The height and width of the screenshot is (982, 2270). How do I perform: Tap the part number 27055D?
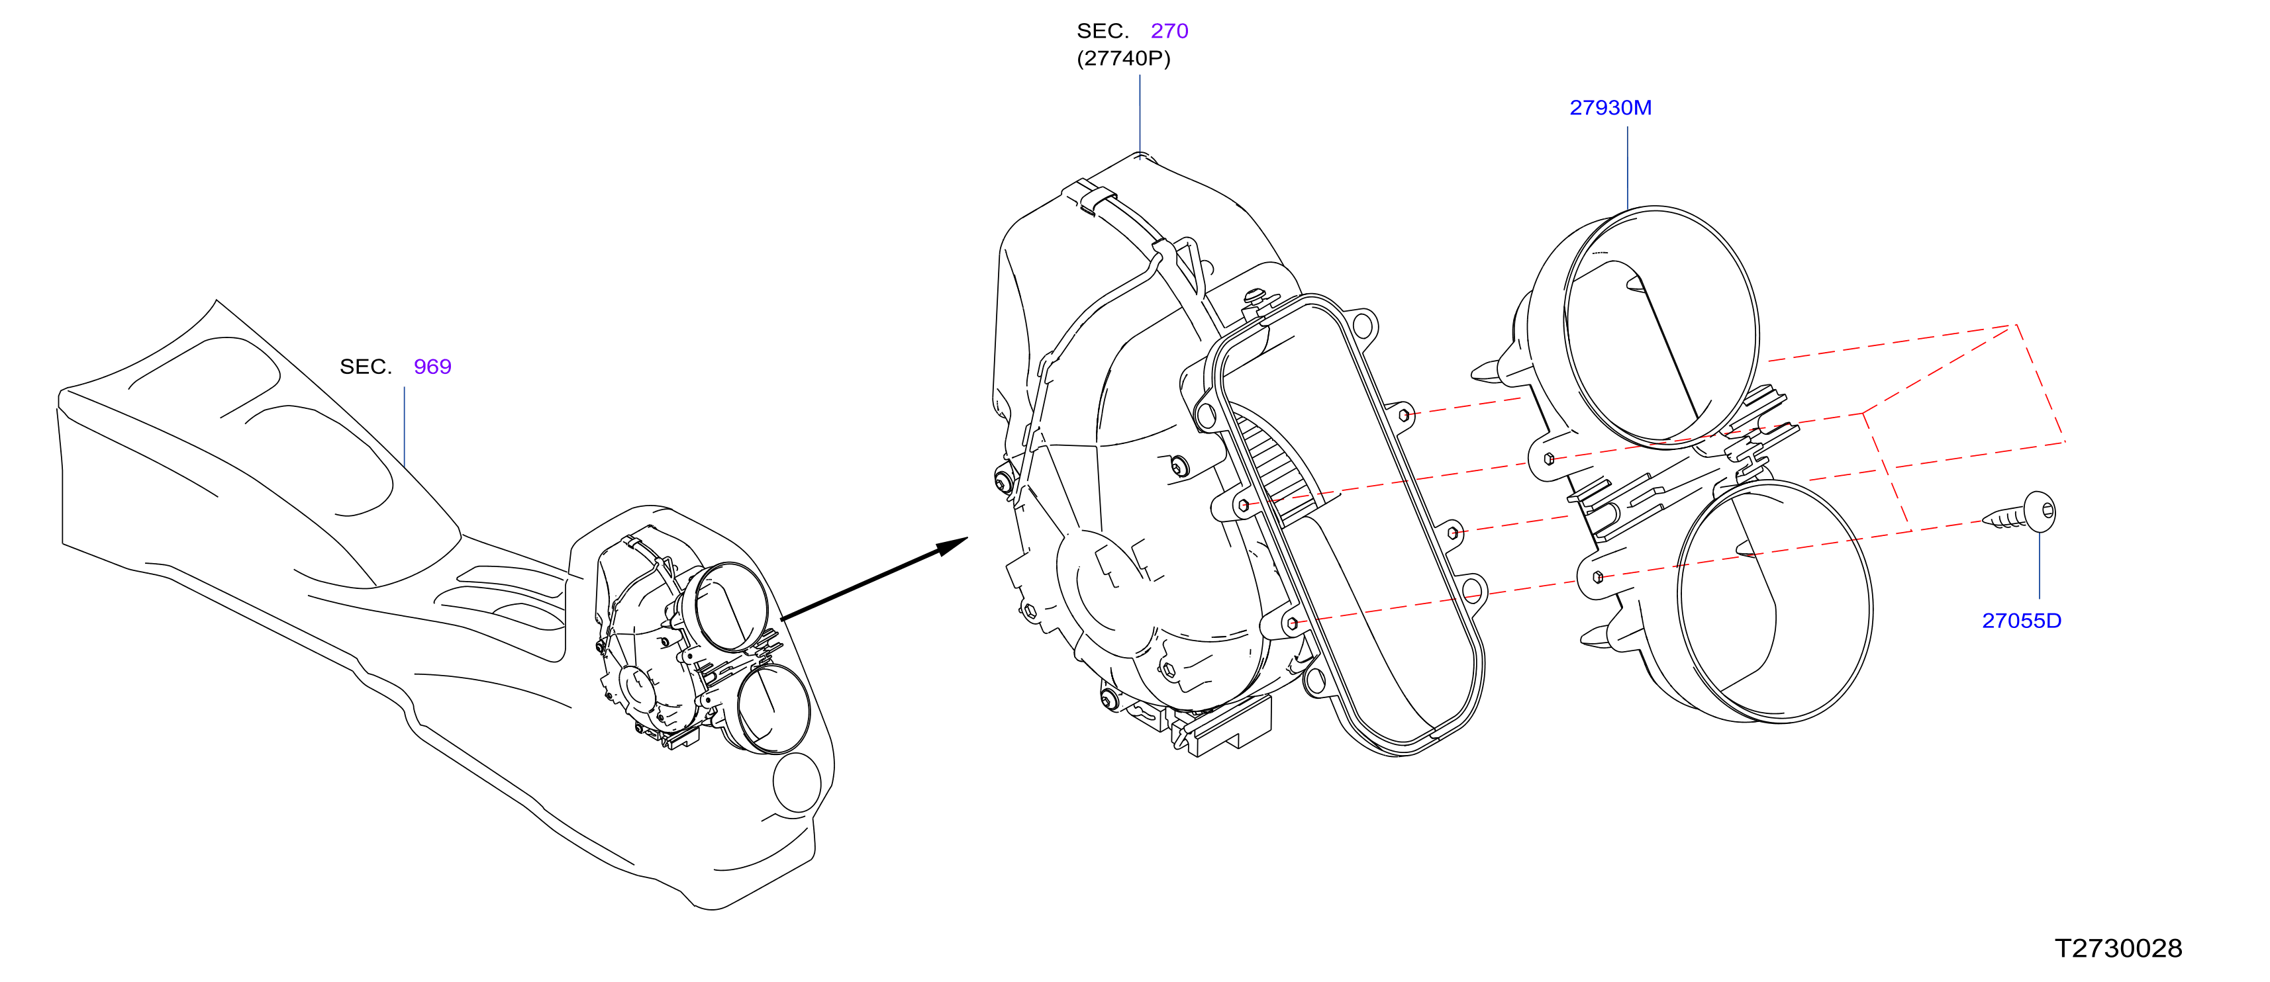click(2022, 621)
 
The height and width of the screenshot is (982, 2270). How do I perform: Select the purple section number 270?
click(1169, 31)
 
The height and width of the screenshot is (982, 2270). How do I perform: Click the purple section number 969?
click(432, 367)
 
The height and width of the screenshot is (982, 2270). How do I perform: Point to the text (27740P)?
click(1124, 58)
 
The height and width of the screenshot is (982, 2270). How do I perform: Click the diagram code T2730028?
click(2118, 948)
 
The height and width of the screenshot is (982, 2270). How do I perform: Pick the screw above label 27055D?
click(2020, 513)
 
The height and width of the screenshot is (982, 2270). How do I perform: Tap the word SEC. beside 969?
click(366, 367)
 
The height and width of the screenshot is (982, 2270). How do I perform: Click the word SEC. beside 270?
click(1103, 31)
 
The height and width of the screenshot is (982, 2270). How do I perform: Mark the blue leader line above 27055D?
click(2039, 565)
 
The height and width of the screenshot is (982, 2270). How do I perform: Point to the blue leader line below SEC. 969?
click(405, 426)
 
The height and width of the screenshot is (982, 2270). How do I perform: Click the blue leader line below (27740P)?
click(1140, 114)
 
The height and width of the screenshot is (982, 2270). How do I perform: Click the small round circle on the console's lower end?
click(797, 782)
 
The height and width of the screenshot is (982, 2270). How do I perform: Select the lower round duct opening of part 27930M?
click(1775, 602)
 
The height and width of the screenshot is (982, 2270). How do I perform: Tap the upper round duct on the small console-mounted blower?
click(730, 607)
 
